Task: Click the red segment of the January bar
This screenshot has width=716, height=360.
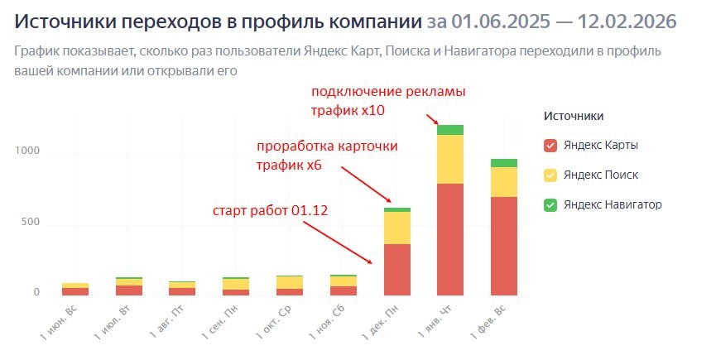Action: pyautogui.click(x=450, y=239)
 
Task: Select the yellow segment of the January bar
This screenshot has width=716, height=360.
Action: pyautogui.click(x=450, y=159)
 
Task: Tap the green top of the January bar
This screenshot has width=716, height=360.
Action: pyautogui.click(x=450, y=129)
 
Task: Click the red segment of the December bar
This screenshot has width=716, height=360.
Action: pyautogui.click(x=397, y=269)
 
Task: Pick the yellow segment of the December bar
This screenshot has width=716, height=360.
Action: pyautogui.click(x=397, y=228)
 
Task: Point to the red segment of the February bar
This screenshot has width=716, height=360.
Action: pyautogui.click(x=503, y=246)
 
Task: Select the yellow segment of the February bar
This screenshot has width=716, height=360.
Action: pyautogui.click(x=503, y=182)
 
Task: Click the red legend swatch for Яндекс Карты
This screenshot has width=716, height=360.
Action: pyautogui.click(x=550, y=146)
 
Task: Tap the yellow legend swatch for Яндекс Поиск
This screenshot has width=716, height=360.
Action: pyautogui.click(x=550, y=175)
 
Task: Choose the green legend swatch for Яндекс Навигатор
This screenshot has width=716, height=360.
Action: pyautogui.click(x=550, y=204)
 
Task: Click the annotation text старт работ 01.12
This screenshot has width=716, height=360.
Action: pyautogui.click(x=271, y=210)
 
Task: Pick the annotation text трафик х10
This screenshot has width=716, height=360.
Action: pyautogui.click(x=348, y=109)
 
